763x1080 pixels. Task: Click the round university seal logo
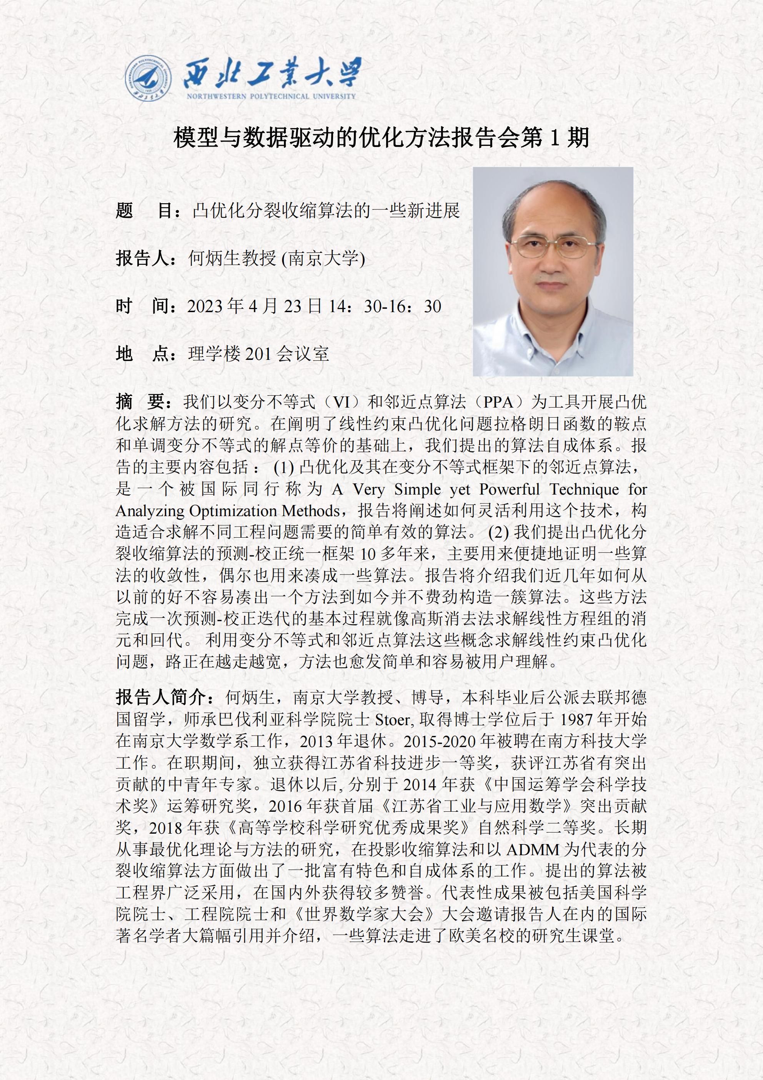pos(148,78)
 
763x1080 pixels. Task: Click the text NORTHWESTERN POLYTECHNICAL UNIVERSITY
pos(271,96)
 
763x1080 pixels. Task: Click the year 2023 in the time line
pos(205,306)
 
